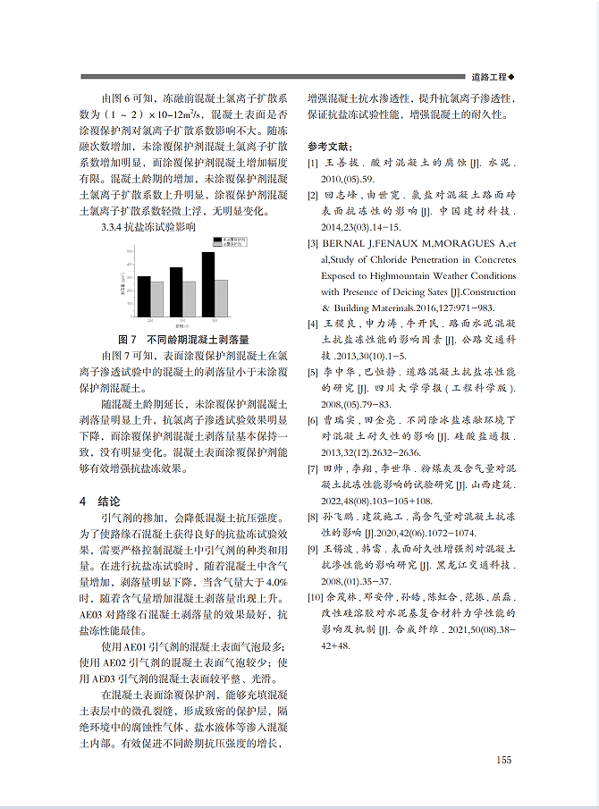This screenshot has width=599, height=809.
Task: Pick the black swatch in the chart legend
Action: [216, 240]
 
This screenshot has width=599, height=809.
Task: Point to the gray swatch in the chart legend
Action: [216, 245]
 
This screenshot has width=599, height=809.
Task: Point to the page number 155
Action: [503, 760]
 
